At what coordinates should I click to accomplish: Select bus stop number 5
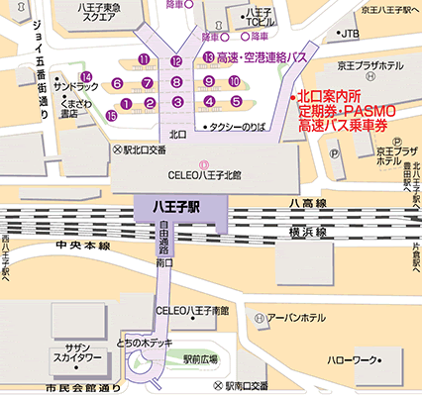236,101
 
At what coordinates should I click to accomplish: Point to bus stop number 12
176,61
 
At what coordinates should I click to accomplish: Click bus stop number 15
111,116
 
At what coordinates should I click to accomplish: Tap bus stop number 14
87,76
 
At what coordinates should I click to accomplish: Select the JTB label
349,34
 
